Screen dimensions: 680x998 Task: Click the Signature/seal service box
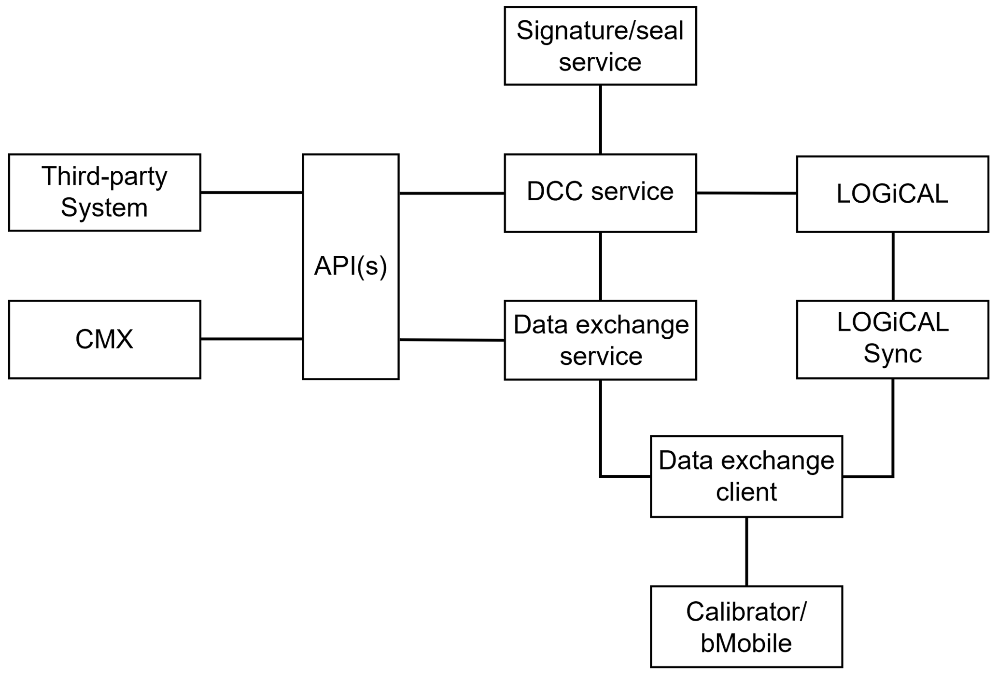[x=600, y=46]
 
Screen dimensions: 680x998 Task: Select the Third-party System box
[x=104, y=192]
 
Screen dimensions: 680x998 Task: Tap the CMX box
[x=104, y=339]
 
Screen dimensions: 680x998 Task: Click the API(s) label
[x=351, y=266]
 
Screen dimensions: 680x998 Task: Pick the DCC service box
[x=600, y=193]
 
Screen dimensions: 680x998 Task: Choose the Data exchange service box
[x=600, y=340]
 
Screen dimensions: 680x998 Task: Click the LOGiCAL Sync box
[x=892, y=339]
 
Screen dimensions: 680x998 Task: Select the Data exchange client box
[x=746, y=476]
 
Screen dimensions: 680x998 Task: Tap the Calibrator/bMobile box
[x=746, y=626]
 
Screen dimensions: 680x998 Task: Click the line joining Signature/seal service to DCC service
[x=600, y=119]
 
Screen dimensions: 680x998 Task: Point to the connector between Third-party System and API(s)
[x=251, y=192]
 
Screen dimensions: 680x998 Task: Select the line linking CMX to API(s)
[x=251, y=339]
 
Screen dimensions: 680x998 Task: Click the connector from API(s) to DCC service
[x=451, y=193]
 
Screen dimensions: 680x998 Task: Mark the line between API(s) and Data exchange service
[x=451, y=340]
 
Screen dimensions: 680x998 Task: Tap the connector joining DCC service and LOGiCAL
[x=746, y=193]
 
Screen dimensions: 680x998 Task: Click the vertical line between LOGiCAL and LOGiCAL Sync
[x=893, y=266]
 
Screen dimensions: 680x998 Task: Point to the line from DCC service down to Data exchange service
[x=600, y=266]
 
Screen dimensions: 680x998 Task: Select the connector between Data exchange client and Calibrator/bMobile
[x=746, y=551]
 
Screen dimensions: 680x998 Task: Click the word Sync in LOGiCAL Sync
[x=892, y=354]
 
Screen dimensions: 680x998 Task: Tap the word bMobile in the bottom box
[x=746, y=643]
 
